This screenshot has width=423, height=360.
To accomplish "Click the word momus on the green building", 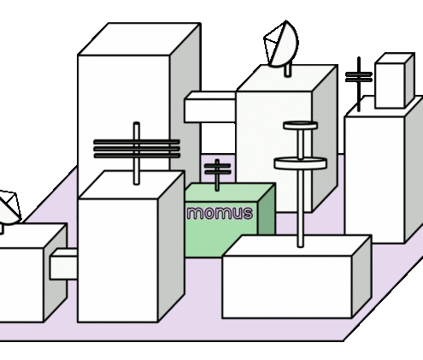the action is click(220, 213).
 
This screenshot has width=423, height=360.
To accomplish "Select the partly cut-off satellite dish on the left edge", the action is click(9, 207).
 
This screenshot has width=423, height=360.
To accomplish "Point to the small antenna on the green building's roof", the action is click(217, 174).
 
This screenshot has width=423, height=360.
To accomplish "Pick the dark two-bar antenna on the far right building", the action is click(359, 84).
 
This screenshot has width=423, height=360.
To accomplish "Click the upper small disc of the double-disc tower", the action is click(300, 126).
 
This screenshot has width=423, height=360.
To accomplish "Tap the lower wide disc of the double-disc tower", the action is click(300, 163).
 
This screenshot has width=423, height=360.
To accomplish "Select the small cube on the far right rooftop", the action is click(395, 80).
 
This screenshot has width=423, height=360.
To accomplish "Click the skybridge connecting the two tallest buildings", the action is click(210, 107).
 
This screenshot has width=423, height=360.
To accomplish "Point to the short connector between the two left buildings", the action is click(63, 264).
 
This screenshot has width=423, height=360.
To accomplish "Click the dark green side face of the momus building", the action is click(267, 212).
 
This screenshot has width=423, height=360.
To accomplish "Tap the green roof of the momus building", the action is click(230, 193).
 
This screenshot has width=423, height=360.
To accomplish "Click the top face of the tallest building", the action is click(139, 39).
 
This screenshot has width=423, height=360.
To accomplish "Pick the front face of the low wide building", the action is click(287, 286).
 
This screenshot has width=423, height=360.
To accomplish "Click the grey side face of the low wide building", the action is click(361, 276).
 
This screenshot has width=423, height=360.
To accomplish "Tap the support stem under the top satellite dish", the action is click(288, 70).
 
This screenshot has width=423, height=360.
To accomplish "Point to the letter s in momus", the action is click(247, 214).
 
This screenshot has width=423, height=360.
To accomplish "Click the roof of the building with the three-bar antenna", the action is click(132, 185).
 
